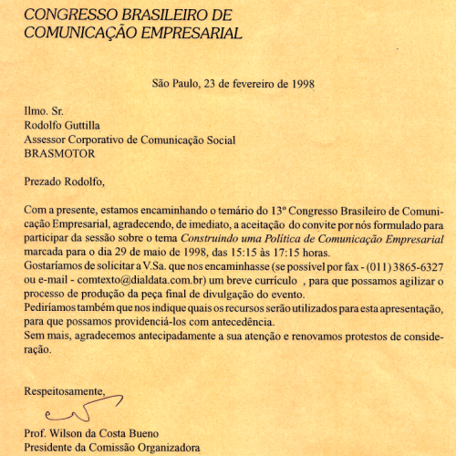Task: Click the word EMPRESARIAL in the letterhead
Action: coord(186,34)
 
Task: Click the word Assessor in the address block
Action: coord(48,140)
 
